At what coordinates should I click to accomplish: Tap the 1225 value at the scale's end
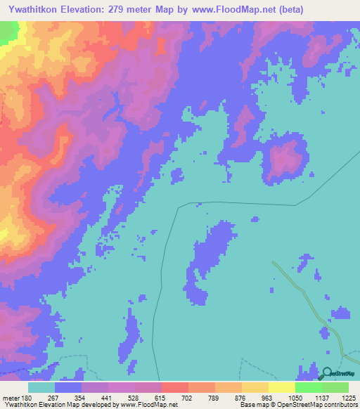coord(349,397)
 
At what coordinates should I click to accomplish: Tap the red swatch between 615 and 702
coord(174,387)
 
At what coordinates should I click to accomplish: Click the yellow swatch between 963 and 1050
coord(281,387)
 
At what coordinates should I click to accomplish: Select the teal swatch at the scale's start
coord(41,387)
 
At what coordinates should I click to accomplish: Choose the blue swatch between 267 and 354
coord(67,387)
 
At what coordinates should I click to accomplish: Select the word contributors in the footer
coord(340,405)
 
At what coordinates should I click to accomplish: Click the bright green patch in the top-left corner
coord(8,32)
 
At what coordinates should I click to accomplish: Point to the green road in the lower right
coord(309,302)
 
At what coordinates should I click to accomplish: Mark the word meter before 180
coord(12,397)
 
